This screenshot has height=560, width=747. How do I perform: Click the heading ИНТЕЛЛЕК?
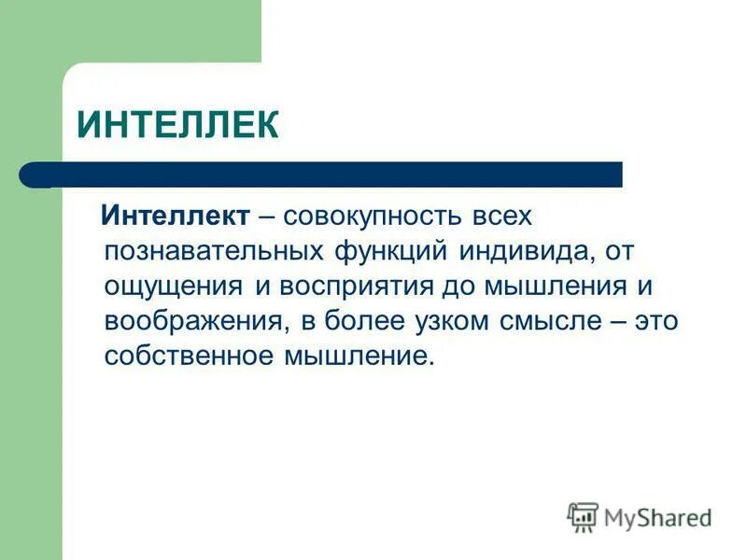click(x=177, y=124)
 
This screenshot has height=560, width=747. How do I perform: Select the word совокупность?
click(x=370, y=217)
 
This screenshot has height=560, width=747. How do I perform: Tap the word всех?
click(x=500, y=217)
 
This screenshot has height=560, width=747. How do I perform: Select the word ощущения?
click(x=174, y=286)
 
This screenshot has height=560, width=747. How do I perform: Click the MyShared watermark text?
click(x=657, y=518)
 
